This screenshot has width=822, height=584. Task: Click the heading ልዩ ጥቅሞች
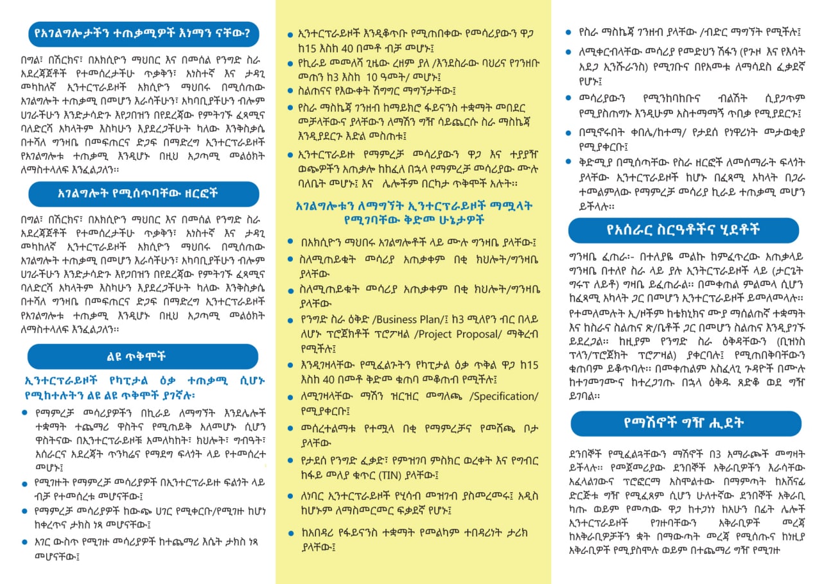point(143,356)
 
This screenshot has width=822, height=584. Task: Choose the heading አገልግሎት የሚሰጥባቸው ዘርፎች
point(143,193)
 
